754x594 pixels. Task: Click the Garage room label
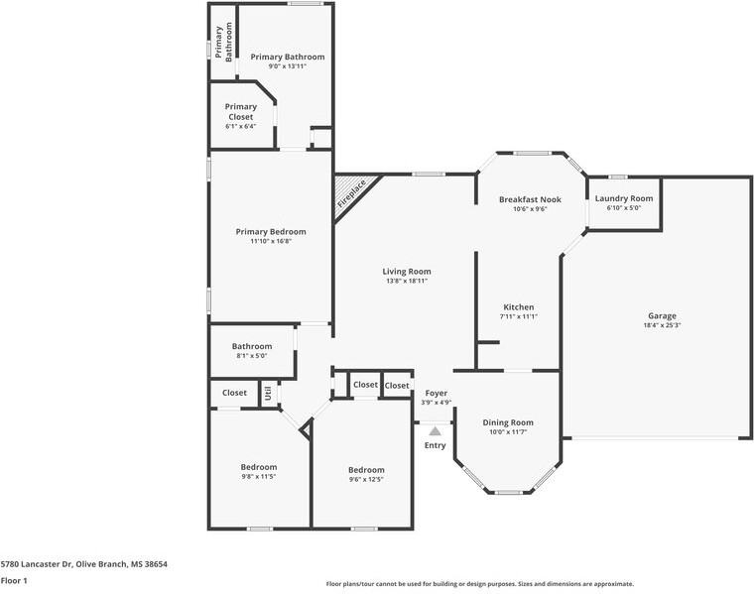662,315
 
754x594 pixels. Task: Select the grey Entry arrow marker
435,430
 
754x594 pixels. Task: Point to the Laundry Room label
624,198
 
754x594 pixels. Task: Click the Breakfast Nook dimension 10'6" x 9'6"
530,209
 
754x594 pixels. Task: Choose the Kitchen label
518,306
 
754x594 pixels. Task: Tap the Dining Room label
508,422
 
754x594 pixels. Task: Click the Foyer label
436,393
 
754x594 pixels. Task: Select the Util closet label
268,393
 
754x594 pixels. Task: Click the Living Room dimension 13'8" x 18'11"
407,281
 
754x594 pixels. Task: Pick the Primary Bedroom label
264,231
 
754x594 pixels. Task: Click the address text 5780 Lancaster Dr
83,563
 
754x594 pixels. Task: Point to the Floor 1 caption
14,580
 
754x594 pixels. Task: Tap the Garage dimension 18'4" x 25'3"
662,325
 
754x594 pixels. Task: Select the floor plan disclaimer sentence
479,584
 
